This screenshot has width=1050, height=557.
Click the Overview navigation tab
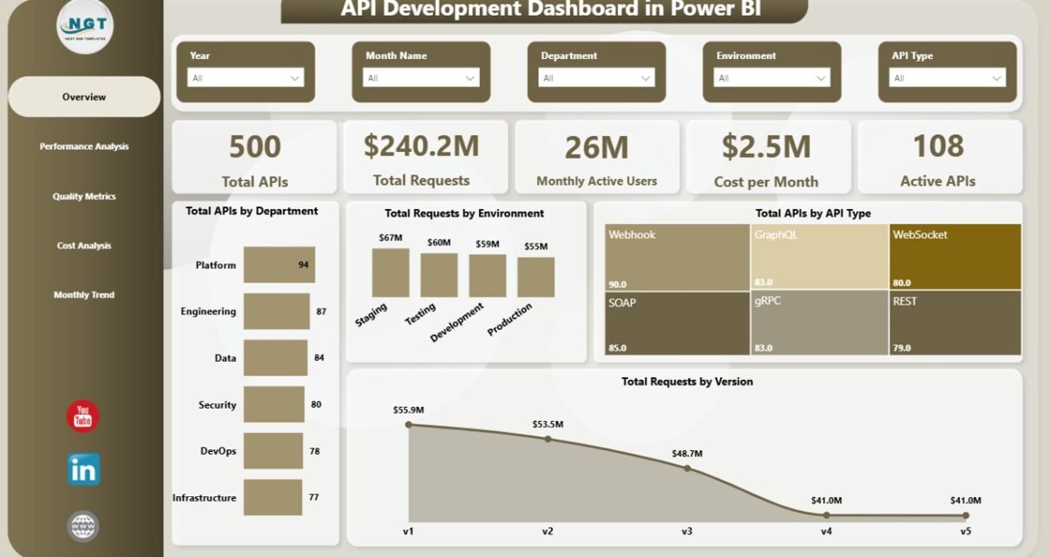pos(84,97)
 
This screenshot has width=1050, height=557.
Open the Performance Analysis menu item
pos(84,147)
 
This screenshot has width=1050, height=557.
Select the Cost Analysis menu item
pos(84,246)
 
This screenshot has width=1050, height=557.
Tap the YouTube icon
pos(83,416)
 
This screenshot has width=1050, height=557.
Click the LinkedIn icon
pos(84,469)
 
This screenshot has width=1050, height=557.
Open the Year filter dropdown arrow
pos(294,78)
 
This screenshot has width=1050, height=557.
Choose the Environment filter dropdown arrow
pos(820,78)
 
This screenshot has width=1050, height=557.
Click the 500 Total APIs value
pos(254,147)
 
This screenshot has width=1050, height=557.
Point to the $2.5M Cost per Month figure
pos(766,147)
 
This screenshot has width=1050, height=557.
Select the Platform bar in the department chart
pos(279,265)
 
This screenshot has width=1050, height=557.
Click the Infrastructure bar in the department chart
pos(272,497)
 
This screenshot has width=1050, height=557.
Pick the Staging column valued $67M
pos(390,273)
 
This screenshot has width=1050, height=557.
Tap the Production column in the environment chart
pos(535,278)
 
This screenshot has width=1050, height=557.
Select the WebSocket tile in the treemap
pos(955,257)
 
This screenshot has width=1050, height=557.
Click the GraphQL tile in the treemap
pos(819,257)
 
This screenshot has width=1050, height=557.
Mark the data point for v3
pos(687,468)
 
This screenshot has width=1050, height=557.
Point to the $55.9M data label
pos(409,410)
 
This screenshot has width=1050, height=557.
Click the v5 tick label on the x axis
pos(965,531)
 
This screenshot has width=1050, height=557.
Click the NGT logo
pos(84,26)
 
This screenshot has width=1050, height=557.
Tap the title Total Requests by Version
pos(686,382)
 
